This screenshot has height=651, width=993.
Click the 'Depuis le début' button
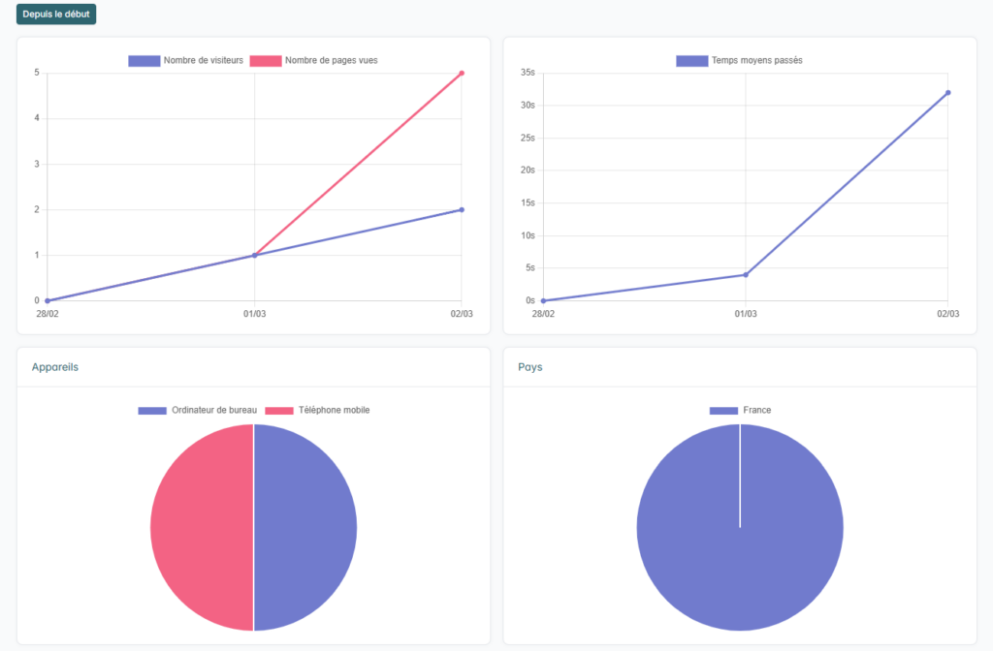tap(56, 15)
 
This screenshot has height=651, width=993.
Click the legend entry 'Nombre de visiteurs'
tap(186, 60)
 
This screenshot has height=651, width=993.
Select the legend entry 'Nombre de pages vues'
tap(313, 60)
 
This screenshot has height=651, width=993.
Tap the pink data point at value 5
tap(462, 73)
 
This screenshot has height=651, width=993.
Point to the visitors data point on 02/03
tap(462, 209)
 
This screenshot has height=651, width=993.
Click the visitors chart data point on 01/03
tap(254, 255)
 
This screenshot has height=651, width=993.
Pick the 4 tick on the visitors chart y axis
tap(36, 118)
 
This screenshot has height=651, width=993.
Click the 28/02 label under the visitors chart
tap(48, 314)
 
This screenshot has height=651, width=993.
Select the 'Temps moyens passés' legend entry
tap(739, 60)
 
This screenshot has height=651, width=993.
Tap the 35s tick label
tap(528, 73)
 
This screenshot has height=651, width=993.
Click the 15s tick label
tap(528, 202)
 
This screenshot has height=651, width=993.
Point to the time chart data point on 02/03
tap(947, 93)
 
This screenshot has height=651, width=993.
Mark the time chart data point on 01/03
tap(745, 274)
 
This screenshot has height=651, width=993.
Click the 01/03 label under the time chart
tap(745, 314)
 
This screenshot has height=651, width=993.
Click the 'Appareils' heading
tap(55, 368)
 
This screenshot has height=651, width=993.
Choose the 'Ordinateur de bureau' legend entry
tap(197, 410)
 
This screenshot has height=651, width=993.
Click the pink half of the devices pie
tap(199, 528)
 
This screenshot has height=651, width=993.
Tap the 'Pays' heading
tap(530, 368)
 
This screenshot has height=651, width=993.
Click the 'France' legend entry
tap(741, 410)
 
